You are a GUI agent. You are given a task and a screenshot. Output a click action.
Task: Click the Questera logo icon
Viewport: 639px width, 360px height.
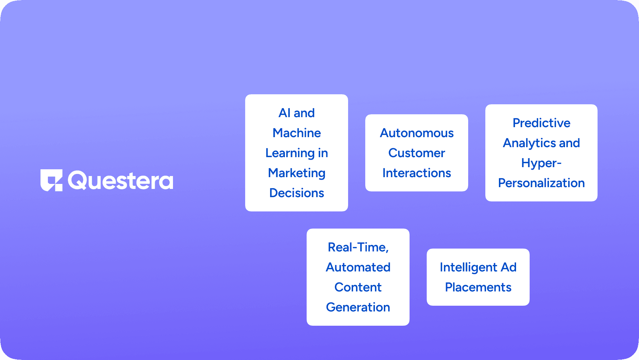pos(51,180)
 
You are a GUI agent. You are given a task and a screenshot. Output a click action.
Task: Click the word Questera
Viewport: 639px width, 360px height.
pos(120,181)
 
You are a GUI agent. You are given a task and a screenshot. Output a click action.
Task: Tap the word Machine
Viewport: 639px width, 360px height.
pos(297,133)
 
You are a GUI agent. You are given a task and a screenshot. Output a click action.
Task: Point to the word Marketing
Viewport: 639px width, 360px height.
pos(297,173)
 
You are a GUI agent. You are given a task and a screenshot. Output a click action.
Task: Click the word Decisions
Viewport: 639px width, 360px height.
pos(297,193)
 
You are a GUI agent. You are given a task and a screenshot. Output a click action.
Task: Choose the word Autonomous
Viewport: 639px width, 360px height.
pos(417,133)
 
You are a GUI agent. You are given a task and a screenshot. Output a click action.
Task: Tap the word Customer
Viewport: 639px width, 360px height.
pos(417,153)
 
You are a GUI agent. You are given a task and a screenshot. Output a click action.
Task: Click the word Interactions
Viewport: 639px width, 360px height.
pos(417,173)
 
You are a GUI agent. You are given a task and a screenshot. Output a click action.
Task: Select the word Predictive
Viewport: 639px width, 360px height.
pos(541,123)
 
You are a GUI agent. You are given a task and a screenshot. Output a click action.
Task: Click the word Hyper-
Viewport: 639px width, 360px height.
pos(541,163)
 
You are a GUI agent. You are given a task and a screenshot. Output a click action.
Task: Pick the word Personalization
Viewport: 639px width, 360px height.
pos(541,183)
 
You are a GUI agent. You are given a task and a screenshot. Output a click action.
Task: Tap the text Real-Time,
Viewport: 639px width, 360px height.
pos(358,247)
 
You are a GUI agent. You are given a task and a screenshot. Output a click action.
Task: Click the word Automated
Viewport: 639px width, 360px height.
pos(358,267)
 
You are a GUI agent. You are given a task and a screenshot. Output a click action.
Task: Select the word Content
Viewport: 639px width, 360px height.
pos(358,287)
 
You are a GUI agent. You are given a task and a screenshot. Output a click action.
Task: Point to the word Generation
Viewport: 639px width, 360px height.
pos(358,307)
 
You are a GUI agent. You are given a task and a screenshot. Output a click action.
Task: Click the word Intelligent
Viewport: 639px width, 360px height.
pos(469,267)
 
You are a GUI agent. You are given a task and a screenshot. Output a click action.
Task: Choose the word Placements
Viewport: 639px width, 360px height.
pos(478,287)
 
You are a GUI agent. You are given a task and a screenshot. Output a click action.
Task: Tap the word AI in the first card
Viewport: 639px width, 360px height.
pos(284,113)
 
